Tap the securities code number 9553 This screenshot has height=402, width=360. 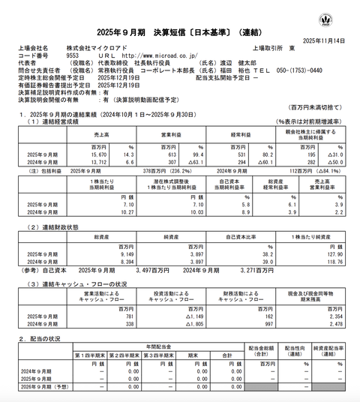click(73, 55)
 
